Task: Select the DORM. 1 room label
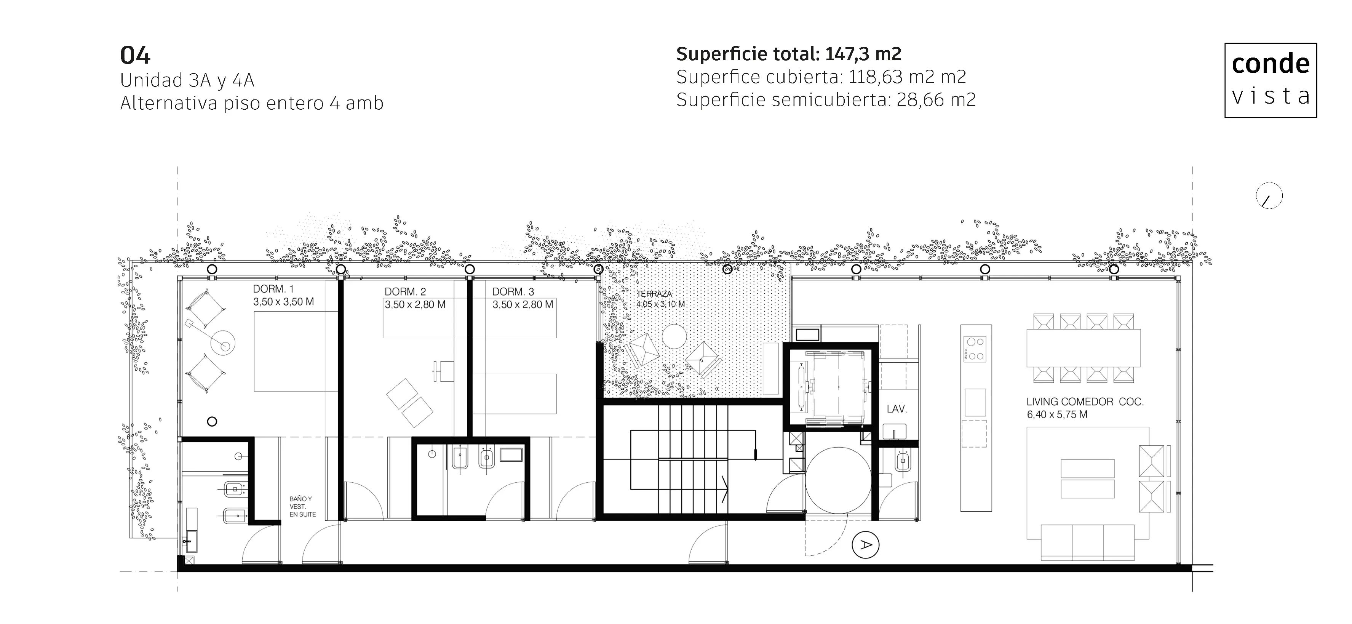coord(273,289)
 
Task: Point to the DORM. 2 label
coord(405,292)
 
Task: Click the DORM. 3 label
coord(513,292)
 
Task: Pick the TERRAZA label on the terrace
coord(654,294)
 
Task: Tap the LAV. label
coord(897,409)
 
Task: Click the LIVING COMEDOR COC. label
coord(1085,402)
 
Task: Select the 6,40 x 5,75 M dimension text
coord(1057,414)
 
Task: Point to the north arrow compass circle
coord(1269,196)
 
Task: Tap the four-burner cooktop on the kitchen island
coord(975,349)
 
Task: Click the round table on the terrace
coord(674,336)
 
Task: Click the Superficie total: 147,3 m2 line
coord(788,54)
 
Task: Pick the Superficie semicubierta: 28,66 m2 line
coord(826,99)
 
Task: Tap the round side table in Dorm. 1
coord(222,343)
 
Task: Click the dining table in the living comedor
coord(1083,348)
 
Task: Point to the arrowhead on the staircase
coord(724,490)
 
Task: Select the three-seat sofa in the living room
coord(1087,542)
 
